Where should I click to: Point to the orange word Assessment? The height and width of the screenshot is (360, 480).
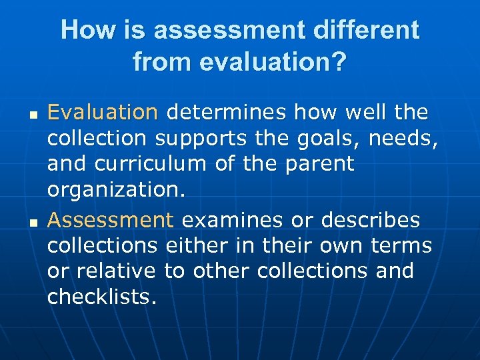(x=111, y=220)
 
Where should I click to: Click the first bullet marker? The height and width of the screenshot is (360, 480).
(x=31, y=114)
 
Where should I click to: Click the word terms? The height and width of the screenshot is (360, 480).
(x=402, y=246)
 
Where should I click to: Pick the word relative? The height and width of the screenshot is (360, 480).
(x=108, y=271)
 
